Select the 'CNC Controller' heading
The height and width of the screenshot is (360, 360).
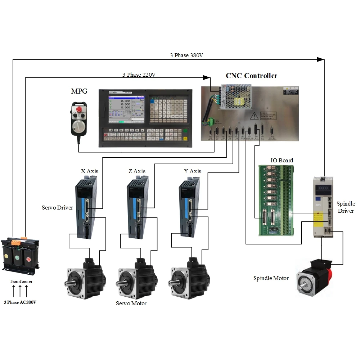coord(251,76)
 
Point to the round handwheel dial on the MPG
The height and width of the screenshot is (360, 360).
coord(79,127)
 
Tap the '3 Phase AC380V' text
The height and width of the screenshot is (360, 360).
coord(20,302)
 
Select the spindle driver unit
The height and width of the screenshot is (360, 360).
coord(323,207)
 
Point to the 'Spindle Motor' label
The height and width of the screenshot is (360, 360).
coord(271,278)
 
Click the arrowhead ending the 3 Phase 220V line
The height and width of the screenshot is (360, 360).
coord(207,77)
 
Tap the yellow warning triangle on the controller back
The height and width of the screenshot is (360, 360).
coord(255,115)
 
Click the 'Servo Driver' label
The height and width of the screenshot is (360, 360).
coord(57,208)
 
